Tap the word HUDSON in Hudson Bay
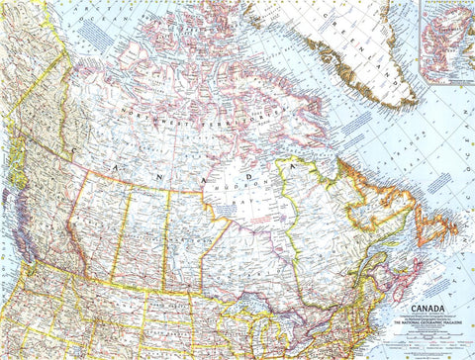[253, 181]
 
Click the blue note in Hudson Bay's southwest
[228, 209]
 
